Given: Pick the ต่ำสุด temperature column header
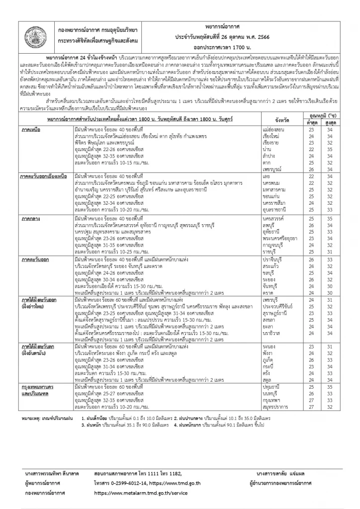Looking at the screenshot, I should pyautogui.click(x=312, y=124).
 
